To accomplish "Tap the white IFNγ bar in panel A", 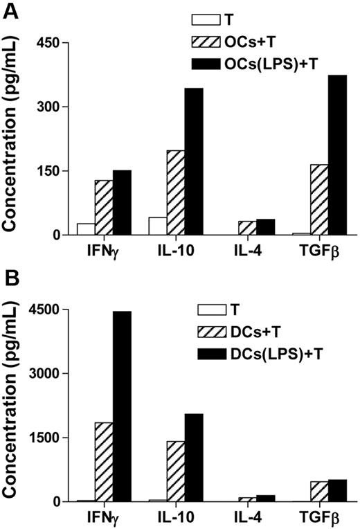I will (86, 229).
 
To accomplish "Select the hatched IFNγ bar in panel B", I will (104, 462).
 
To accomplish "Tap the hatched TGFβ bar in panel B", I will (320, 491).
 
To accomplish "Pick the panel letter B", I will (9, 278).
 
